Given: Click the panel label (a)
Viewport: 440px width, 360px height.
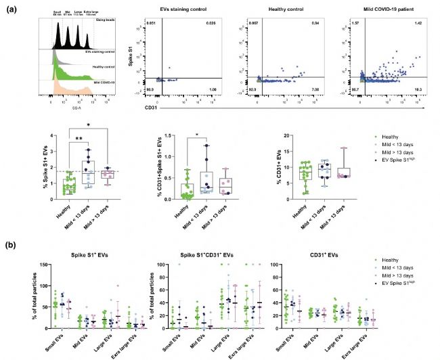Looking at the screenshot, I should point(11,7).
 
